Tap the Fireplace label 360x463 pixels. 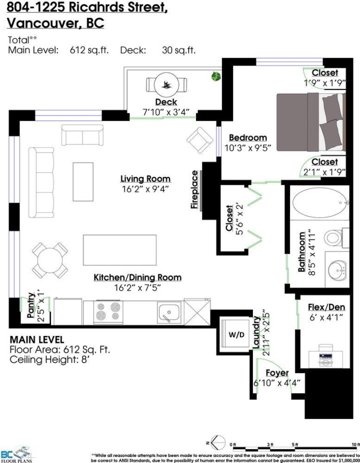click(x=195, y=190)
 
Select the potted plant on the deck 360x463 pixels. click(x=216, y=76)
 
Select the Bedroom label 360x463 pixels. click(x=247, y=137)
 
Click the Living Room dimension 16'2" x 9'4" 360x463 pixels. click(x=145, y=188)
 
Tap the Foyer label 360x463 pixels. click(x=277, y=373)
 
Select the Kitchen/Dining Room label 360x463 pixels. click(x=137, y=277)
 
